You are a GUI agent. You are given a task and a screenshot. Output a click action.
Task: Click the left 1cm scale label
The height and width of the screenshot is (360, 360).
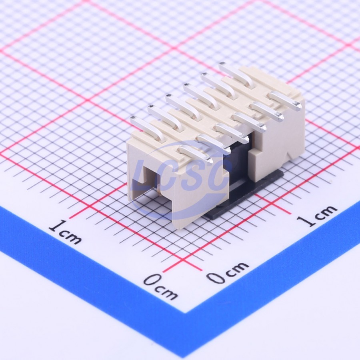pyautogui.click(x=65, y=232)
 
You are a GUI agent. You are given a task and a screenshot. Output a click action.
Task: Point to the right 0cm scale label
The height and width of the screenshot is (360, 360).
pyautogui.click(x=227, y=272)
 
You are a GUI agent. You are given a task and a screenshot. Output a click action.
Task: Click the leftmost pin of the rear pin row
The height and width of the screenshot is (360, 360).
pyautogui.click(x=147, y=128)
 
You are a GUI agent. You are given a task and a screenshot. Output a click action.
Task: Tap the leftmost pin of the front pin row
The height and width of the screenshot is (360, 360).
pyautogui.click(x=195, y=153)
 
